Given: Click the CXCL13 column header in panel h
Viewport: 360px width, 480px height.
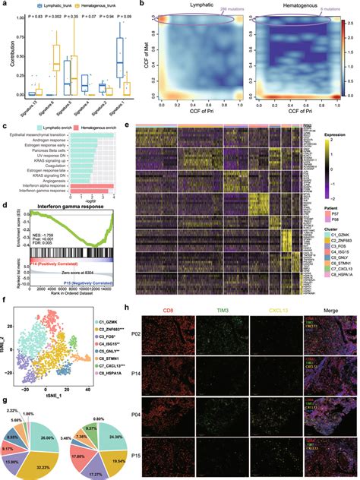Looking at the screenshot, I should point(285,309).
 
